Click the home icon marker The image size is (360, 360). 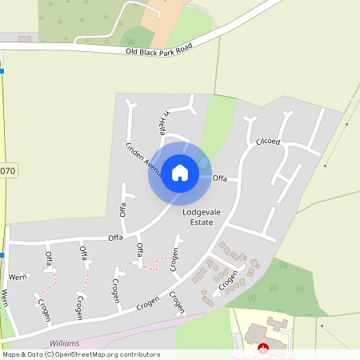coord(180,173)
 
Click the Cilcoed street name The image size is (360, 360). coord(268,142)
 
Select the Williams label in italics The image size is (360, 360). coord(65,342)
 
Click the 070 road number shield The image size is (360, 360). coord(7,170)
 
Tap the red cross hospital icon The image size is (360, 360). coord(263,348)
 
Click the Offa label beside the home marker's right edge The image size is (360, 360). coord(221,178)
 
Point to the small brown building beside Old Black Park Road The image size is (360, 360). coord(25,38)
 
